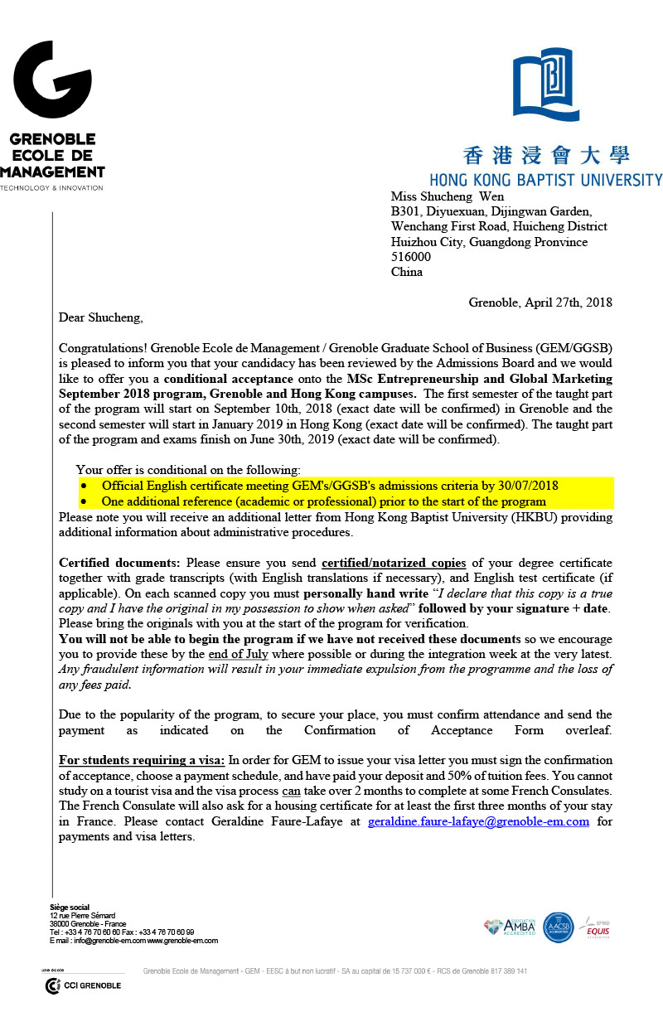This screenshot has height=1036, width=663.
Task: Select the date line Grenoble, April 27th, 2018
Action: (x=540, y=302)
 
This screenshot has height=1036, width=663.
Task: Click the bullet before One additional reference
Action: (x=84, y=501)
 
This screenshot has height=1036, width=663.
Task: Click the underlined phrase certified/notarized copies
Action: (x=393, y=563)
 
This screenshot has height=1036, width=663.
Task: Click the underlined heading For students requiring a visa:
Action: (x=142, y=760)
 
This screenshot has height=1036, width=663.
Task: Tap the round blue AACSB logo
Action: (x=559, y=927)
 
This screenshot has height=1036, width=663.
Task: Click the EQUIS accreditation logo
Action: (x=598, y=927)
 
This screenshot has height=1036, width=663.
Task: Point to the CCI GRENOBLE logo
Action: (x=83, y=985)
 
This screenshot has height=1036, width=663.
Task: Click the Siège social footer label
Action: (x=70, y=908)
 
